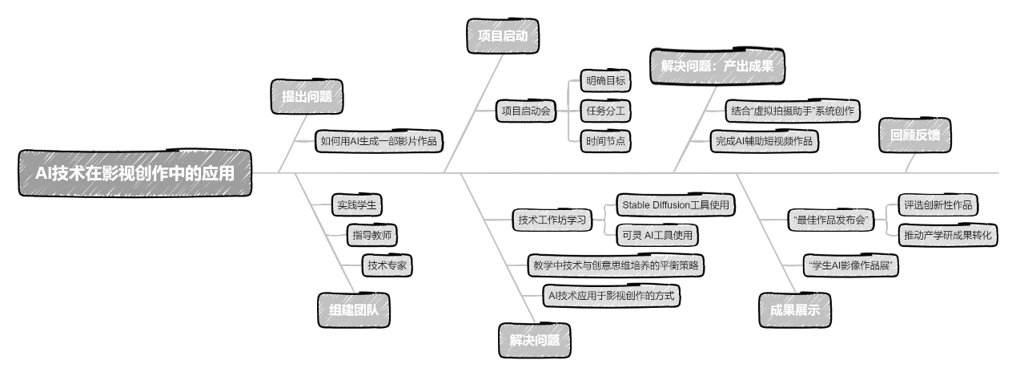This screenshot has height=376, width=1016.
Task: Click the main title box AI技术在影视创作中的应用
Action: point(135,173)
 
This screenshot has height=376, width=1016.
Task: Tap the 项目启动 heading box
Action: point(502,37)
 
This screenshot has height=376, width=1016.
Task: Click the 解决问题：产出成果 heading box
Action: point(717,67)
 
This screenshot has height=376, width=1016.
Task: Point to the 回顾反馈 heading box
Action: point(914,135)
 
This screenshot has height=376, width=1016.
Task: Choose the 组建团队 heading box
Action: point(354,310)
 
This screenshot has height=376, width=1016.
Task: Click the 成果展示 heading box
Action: point(794,310)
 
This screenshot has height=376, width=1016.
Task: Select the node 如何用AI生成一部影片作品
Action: point(379,142)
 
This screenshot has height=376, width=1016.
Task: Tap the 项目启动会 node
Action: point(526,111)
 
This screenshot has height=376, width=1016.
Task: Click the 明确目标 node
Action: point(606,80)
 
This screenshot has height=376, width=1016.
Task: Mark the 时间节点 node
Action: point(606,141)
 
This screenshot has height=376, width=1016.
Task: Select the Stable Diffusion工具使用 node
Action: point(676,204)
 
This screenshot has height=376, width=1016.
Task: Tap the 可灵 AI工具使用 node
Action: point(657,235)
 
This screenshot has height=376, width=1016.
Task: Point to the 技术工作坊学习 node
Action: point(552,220)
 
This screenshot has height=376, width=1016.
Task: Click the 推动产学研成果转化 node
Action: point(947,235)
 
